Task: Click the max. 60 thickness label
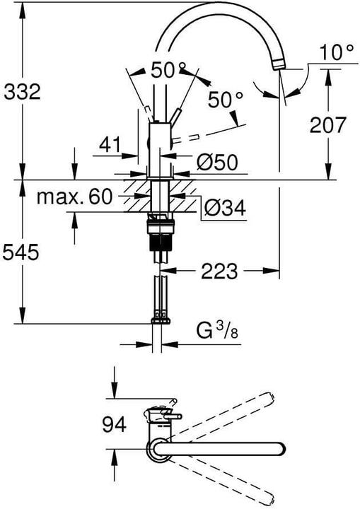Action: [74, 197]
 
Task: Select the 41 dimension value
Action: [108, 146]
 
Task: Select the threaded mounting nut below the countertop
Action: [161, 230]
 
